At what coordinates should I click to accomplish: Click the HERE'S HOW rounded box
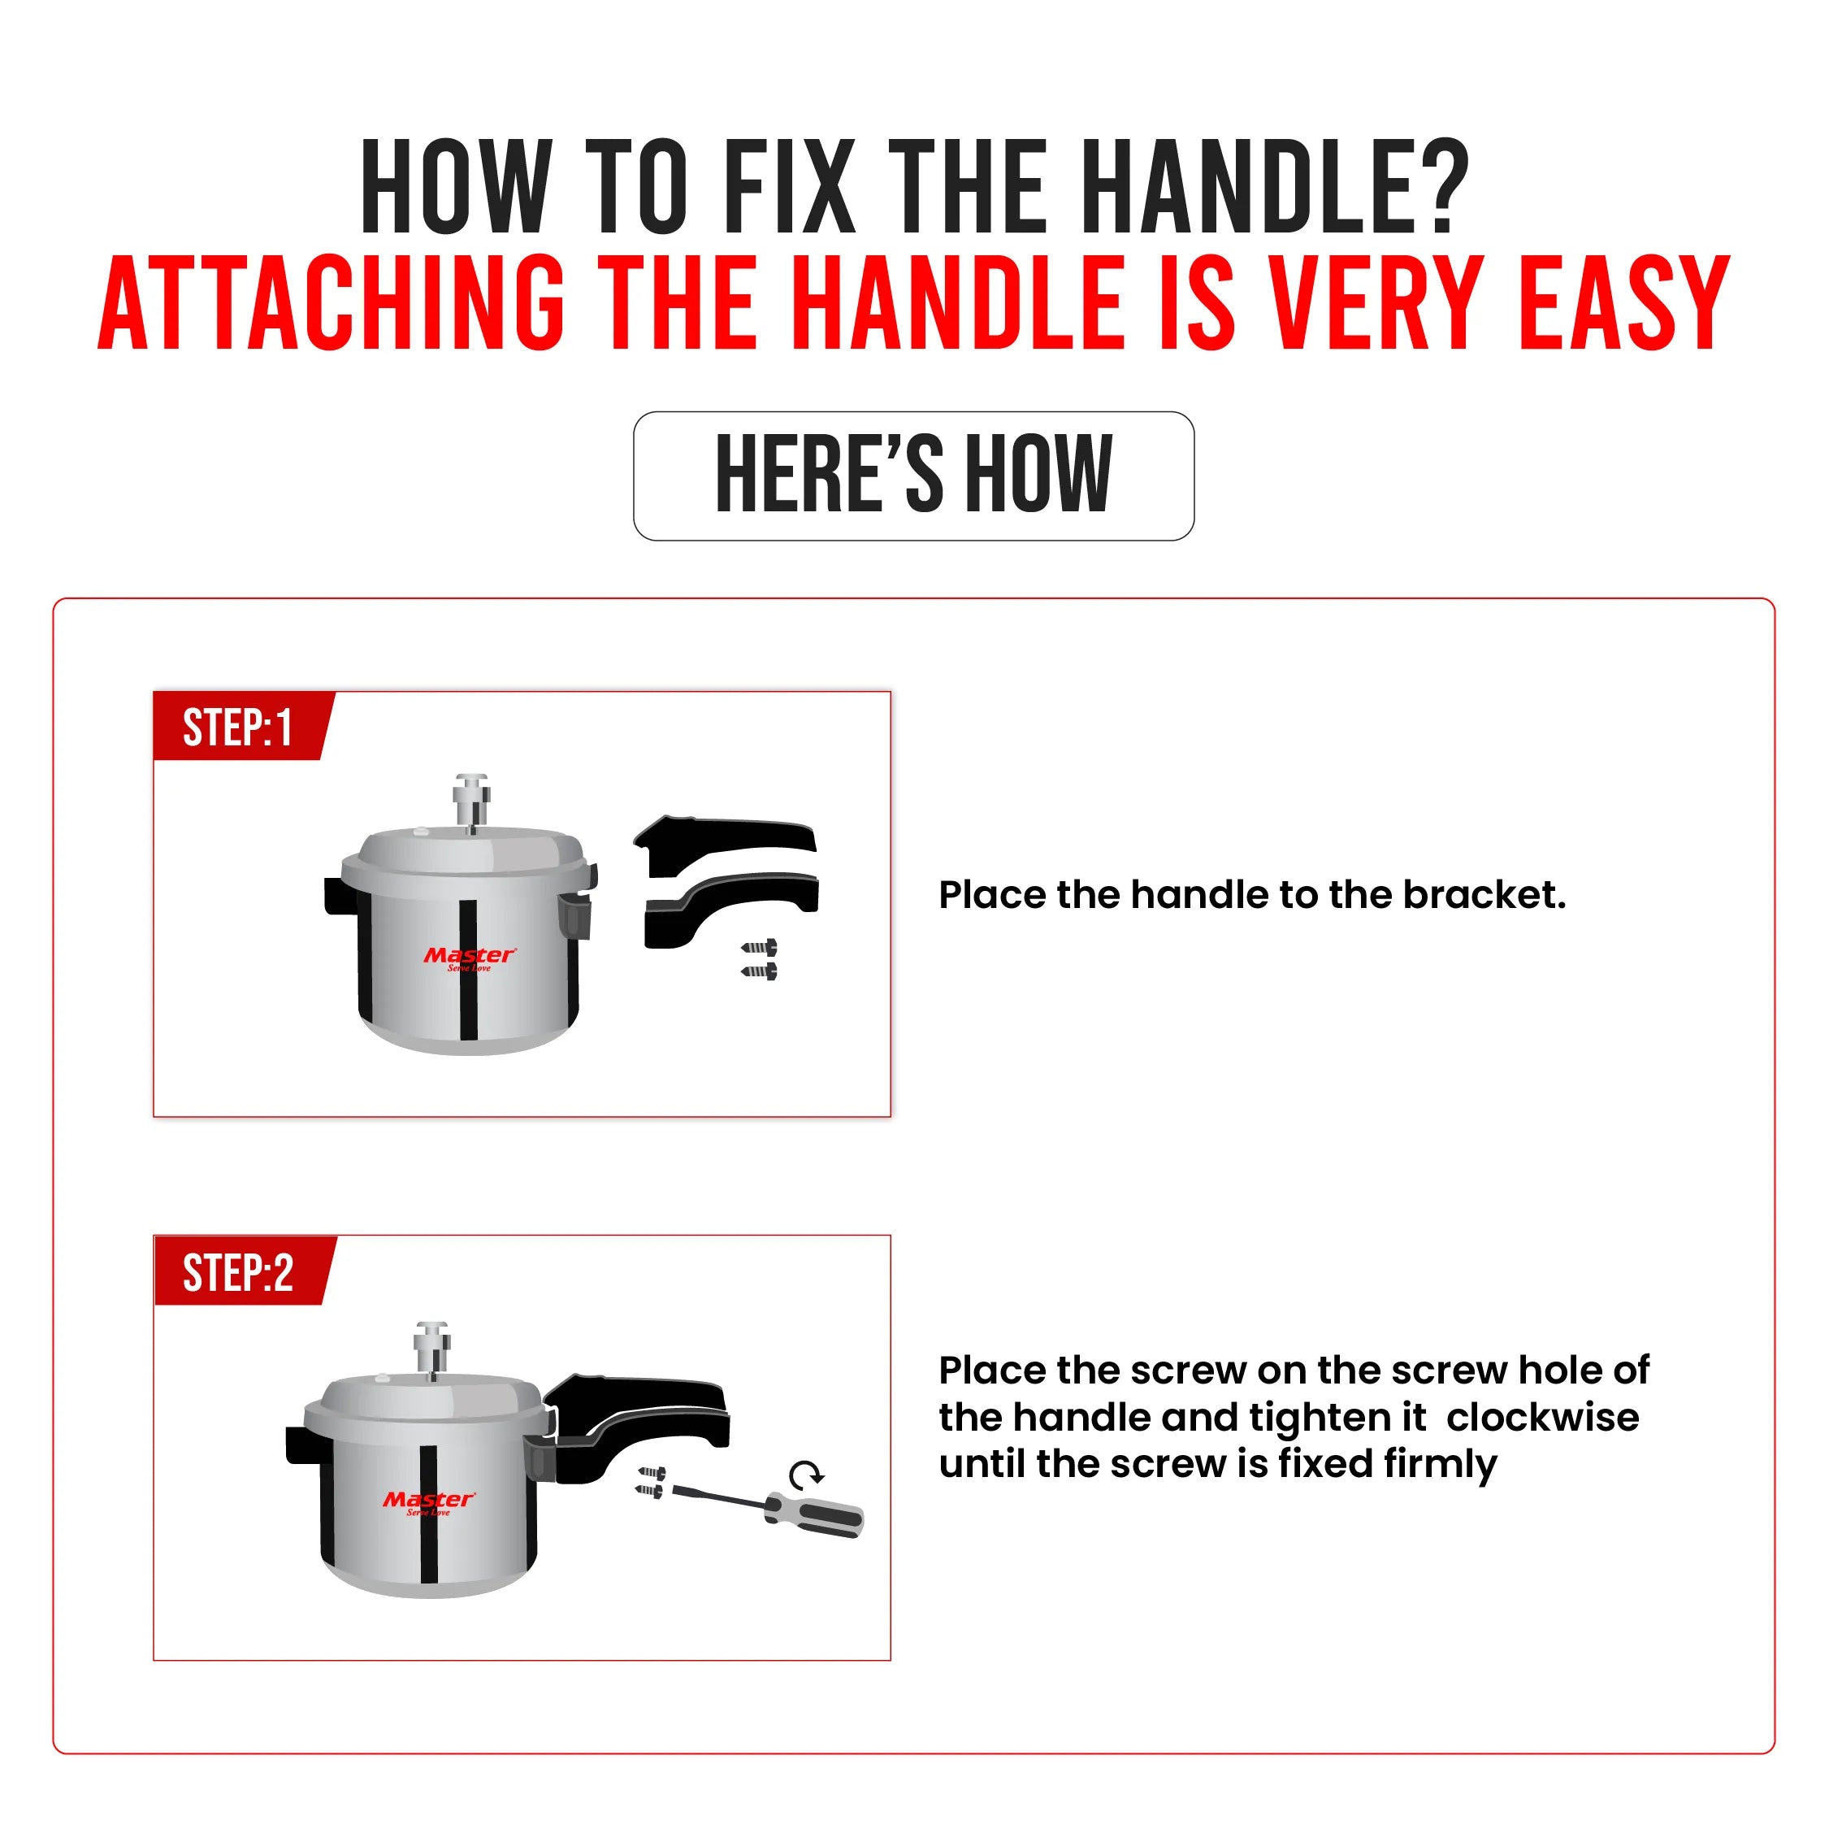tap(913, 476)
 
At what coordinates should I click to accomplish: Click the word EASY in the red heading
tap(1624, 303)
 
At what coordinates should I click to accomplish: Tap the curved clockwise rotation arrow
tap(806, 1474)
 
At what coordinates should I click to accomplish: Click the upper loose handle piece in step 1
tap(724, 842)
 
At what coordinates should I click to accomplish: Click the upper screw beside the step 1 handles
tap(761, 947)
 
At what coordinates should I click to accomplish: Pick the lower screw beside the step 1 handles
tap(761, 971)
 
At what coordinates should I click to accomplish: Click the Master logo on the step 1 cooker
tap(470, 957)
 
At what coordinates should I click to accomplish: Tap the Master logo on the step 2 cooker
tap(429, 1501)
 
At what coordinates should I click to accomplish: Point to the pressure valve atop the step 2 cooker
tap(431, 1347)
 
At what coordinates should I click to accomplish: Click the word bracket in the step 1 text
tap(1484, 895)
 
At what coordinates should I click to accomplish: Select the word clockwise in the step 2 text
tap(1542, 1418)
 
